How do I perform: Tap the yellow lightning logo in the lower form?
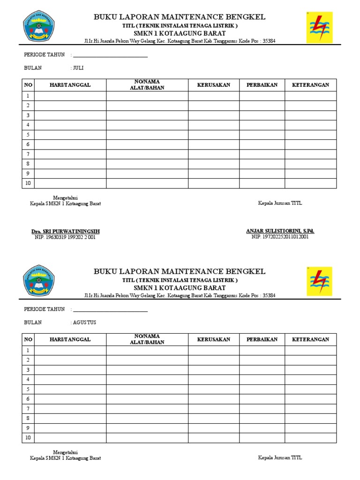pos(319,281)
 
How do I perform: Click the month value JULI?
pos(78,68)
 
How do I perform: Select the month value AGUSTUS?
pos(84,322)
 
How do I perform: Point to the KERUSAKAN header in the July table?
pos(214,85)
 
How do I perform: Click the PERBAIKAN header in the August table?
pos(262,339)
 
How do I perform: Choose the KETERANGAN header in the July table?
pos(310,85)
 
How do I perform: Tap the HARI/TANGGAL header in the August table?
pos(70,339)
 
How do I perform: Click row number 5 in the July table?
pos(28,135)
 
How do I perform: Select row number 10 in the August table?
pos(28,438)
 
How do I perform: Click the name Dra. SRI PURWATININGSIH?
pos(65,232)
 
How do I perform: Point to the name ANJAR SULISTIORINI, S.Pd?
pos(280,231)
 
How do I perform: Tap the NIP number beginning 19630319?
pos(65,237)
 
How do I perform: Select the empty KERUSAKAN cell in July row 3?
pos(214,115)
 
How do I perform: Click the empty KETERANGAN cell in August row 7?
pos(310,409)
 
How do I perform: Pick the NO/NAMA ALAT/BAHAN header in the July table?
pos(147,85)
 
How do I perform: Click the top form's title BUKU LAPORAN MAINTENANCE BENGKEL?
pos(180,17)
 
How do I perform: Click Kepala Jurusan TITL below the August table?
pos(280,457)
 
